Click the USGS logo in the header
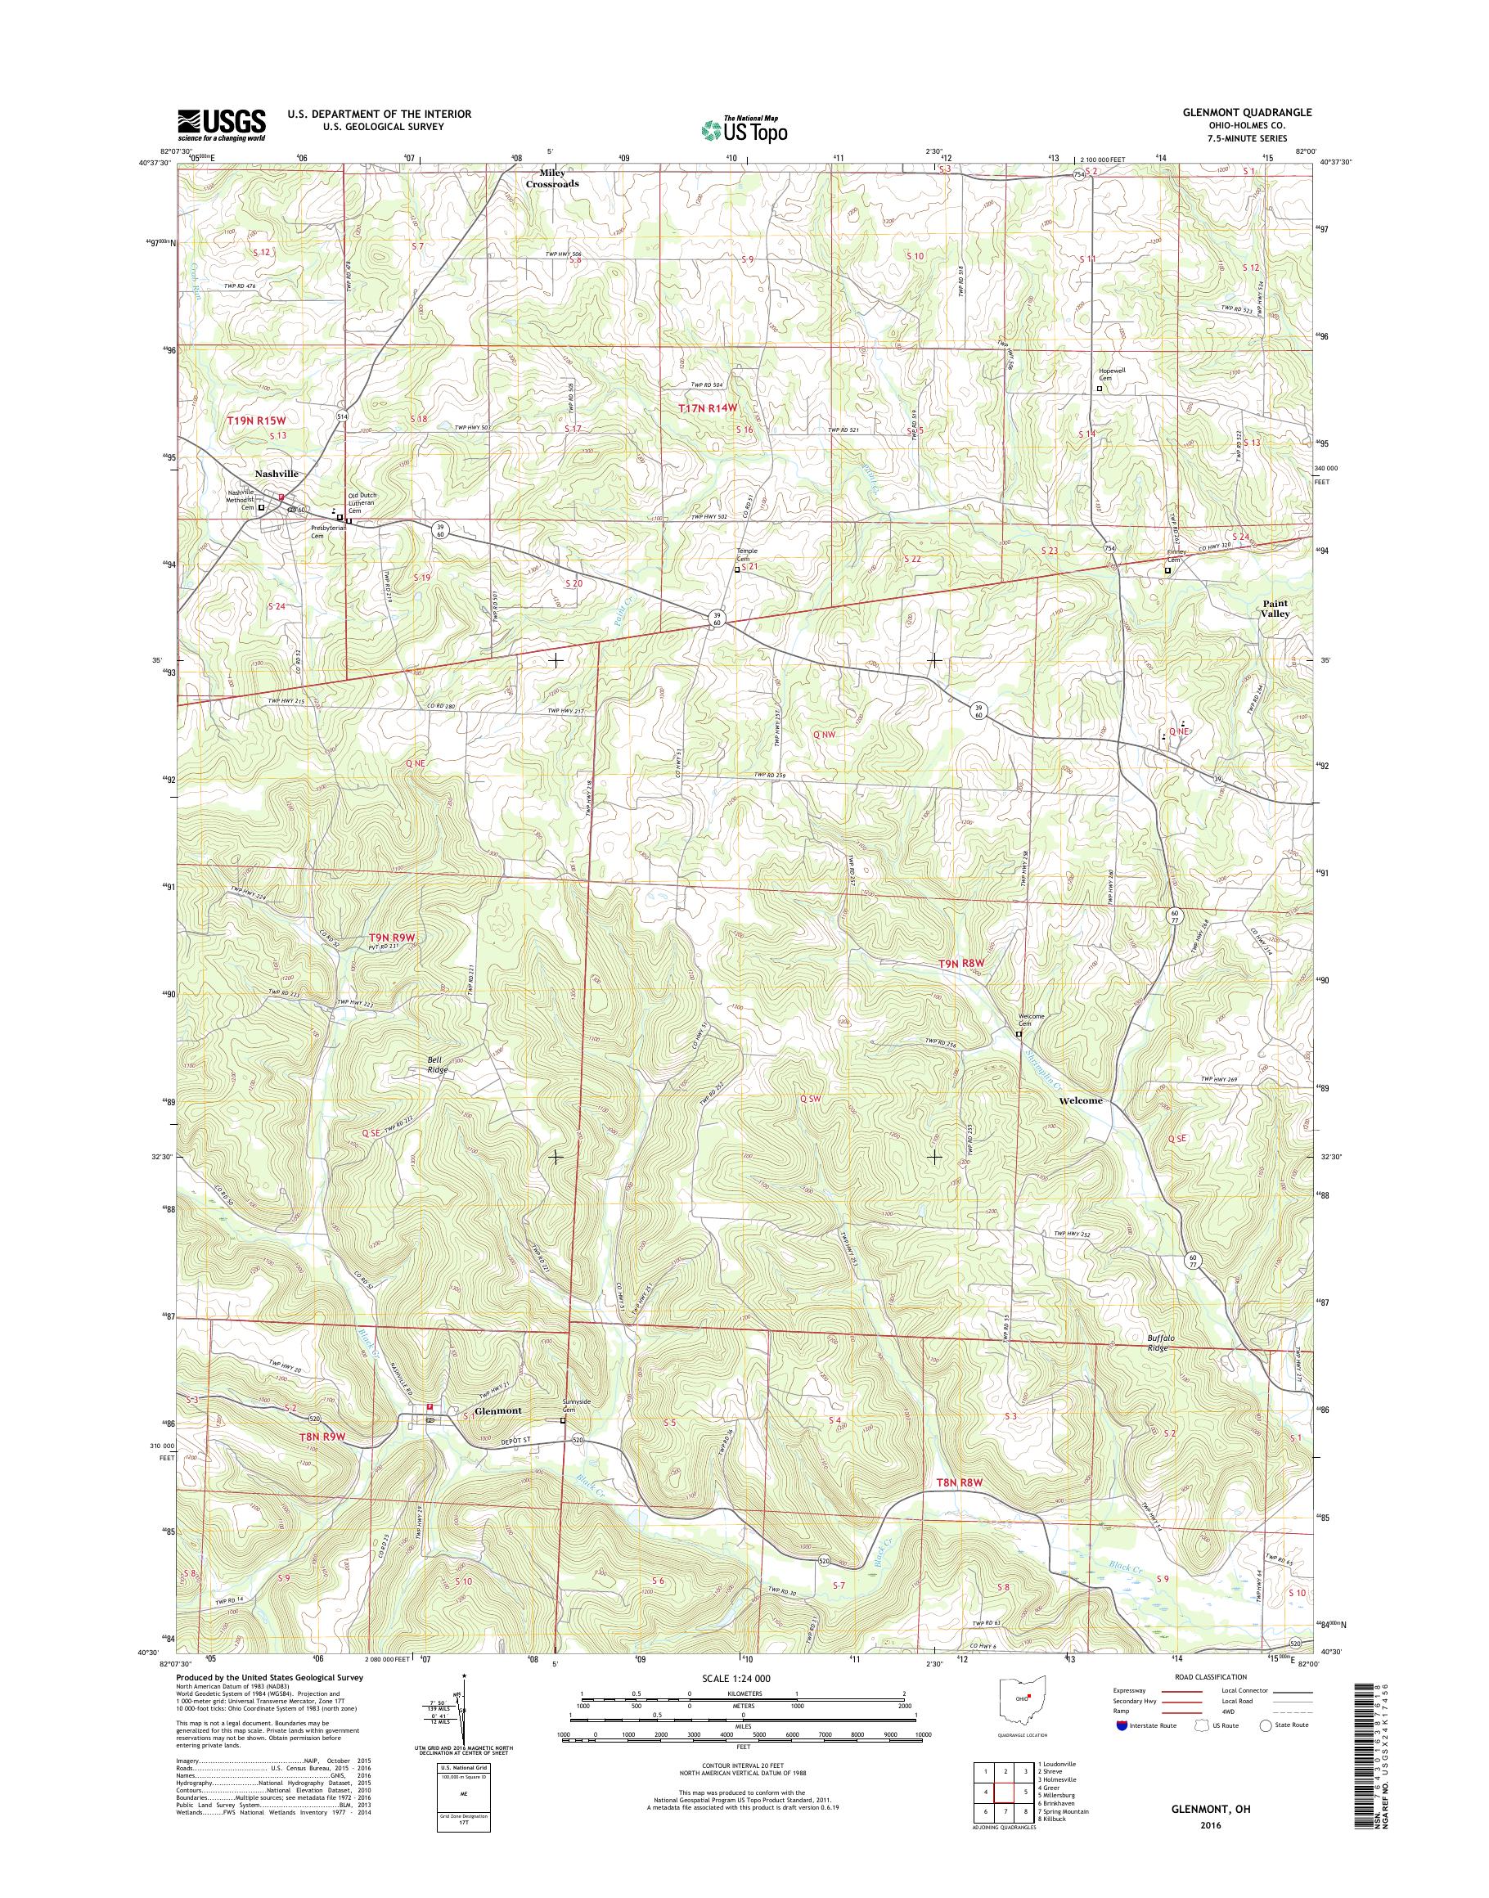tap(223, 124)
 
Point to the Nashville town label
tap(277, 474)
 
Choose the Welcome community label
tap(1080, 1100)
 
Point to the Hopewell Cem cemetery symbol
tap(1099, 389)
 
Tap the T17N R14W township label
tap(708, 408)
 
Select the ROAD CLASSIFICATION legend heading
tap(1211, 1676)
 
